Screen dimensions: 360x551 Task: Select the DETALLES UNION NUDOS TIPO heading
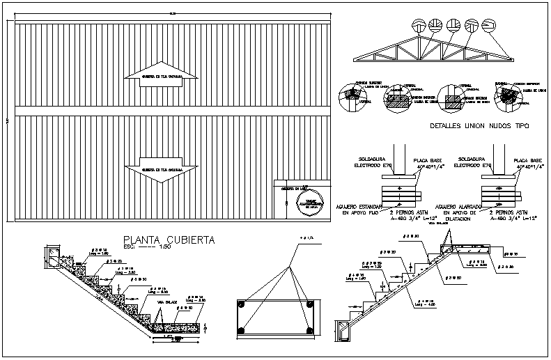480,127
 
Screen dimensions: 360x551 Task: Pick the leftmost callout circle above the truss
418,25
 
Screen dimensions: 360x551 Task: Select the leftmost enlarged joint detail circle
349,96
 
